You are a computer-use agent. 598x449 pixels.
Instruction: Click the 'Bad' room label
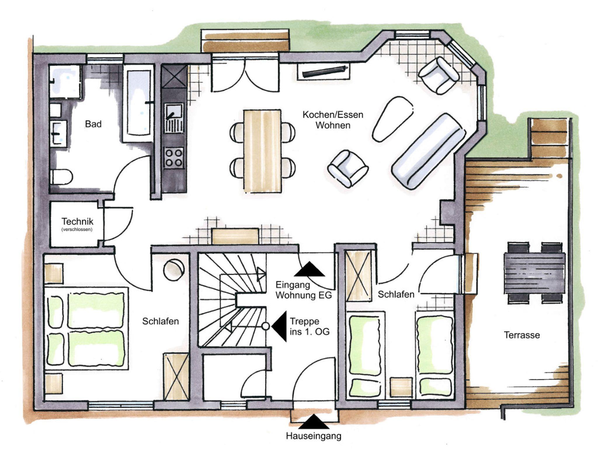pyautogui.click(x=93, y=124)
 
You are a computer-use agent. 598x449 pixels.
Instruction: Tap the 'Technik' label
pyautogui.click(x=77, y=221)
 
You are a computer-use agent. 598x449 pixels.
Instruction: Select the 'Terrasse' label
pyautogui.click(x=522, y=335)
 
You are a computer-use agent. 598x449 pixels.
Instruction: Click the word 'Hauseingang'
pyautogui.click(x=314, y=436)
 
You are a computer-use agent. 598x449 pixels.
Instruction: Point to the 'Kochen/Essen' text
pyautogui.click(x=333, y=115)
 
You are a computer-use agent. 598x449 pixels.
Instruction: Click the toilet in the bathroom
pyautogui.click(x=61, y=177)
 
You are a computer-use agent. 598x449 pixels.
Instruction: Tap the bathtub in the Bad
pyautogui.click(x=138, y=104)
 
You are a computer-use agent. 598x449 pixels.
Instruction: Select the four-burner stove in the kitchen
pyautogui.click(x=174, y=158)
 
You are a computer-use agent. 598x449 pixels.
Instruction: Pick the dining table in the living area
pyautogui.click(x=263, y=151)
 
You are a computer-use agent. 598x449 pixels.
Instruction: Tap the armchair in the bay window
pyautogui.click(x=439, y=75)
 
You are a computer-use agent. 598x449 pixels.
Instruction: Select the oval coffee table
pyautogui.click(x=393, y=119)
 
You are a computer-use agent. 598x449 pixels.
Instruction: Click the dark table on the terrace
pyautogui.click(x=534, y=273)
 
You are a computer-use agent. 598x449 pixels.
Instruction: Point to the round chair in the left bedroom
pyautogui.click(x=173, y=270)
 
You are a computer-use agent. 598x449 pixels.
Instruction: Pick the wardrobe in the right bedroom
pyautogui.click(x=359, y=276)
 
